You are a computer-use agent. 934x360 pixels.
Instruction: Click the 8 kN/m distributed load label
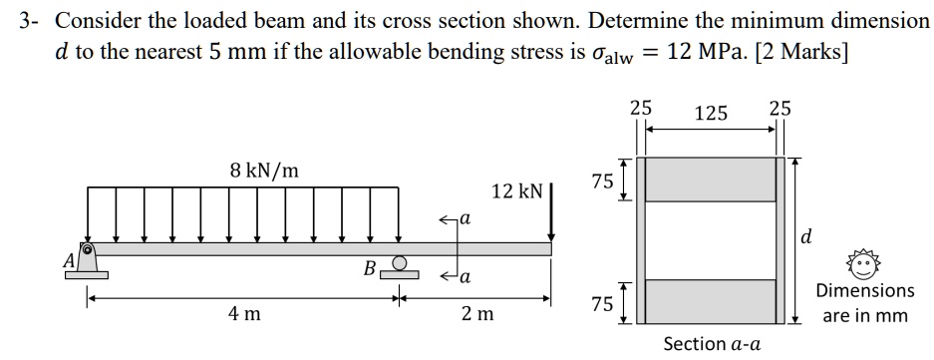point(264,171)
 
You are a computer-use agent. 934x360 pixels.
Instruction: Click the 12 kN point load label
point(515,190)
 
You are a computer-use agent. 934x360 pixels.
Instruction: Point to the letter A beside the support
point(70,259)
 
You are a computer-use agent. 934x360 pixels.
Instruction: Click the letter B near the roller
point(369,267)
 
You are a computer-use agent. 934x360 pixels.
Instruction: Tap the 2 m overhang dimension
point(476,315)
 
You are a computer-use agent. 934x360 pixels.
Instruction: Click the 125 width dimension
point(710,114)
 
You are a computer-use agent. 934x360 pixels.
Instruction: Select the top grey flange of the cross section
point(711,180)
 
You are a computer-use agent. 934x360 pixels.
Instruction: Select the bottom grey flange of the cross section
point(711,300)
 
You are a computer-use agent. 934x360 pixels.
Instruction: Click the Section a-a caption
point(712,344)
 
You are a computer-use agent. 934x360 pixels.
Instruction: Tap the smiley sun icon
point(863,262)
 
